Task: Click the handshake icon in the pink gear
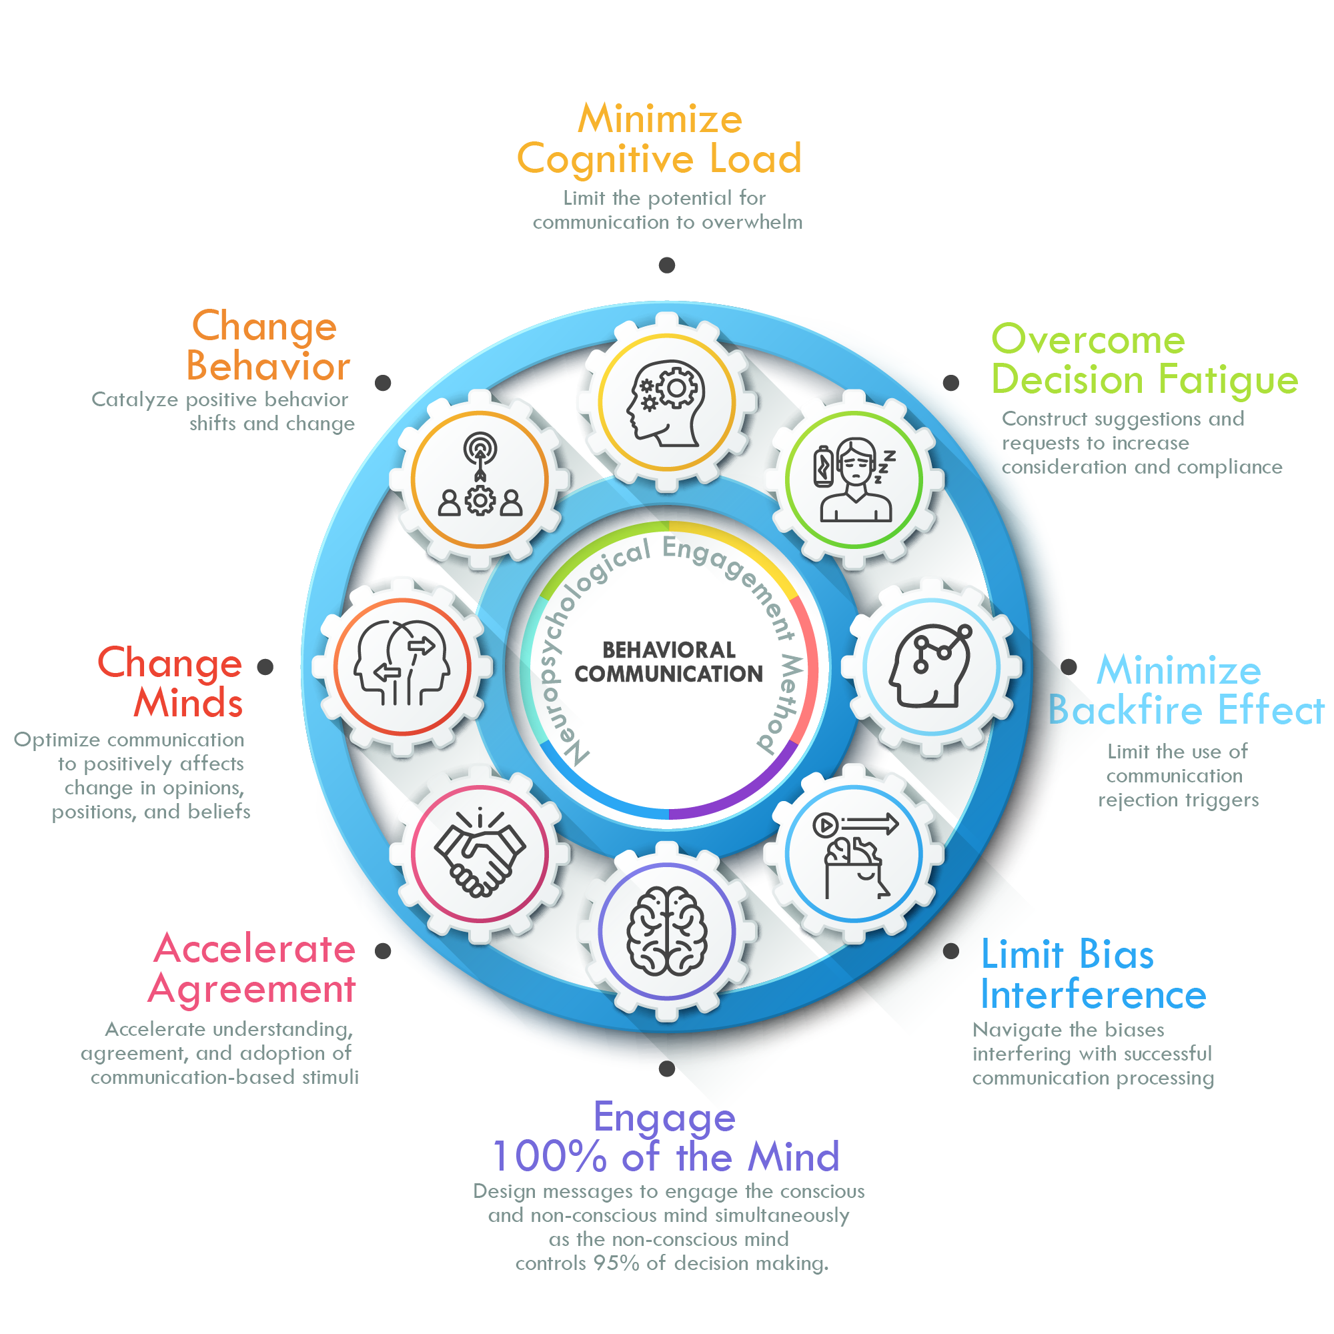(479, 854)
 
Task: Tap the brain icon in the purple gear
(666, 930)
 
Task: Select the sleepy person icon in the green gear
(854, 480)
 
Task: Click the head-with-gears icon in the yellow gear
(666, 403)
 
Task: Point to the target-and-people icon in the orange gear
(480, 476)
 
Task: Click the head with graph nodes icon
(930, 667)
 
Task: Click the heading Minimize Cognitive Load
(660, 138)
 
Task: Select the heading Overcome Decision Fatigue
(1143, 359)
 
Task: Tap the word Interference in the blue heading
(1093, 995)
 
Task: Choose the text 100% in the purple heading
(549, 1157)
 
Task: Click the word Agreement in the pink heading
(252, 988)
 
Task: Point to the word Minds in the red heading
(188, 703)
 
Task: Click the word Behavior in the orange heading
(268, 366)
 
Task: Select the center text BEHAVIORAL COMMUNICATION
(668, 662)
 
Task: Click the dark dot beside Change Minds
(265, 667)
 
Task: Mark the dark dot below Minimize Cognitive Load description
(666, 265)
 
